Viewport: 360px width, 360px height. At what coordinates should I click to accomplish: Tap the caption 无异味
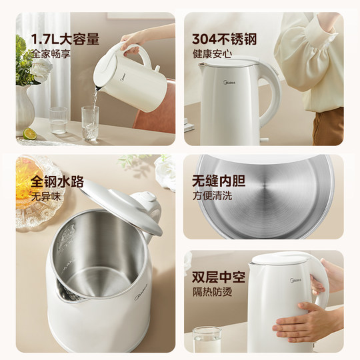click(x=45, y=196)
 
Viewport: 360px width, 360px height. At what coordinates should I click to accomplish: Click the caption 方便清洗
click(x=211, y=196)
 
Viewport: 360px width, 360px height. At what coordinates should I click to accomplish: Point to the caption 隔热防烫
click(x=211, y=289)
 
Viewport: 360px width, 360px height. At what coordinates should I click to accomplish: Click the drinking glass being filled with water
click(x=90, y=123)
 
